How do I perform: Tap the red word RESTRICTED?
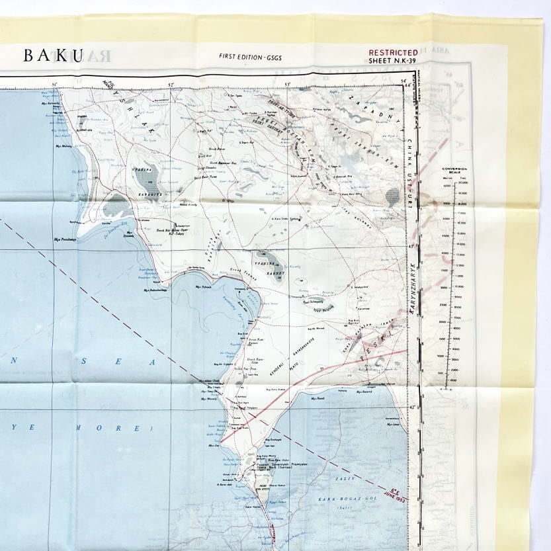(393, 52)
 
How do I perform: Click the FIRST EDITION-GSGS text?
(250, 56)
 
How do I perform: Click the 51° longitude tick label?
(55, 84)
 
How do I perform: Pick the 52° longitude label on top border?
(171, 84)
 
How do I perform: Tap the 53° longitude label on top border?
(287, 84)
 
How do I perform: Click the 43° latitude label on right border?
(410, 247)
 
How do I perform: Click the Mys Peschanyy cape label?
(65, 239)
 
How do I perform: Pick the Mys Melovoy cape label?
(63, 146)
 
